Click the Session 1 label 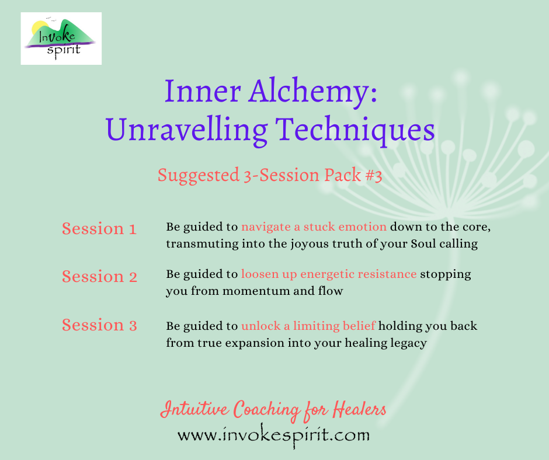(x=99, y=229)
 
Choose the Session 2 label (x=99, y=276)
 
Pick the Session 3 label (x=99, y=325)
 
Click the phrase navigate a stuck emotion (x=314, y=226)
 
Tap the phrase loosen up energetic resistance (x=329, y=274)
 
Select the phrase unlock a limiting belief (x=308, y=326)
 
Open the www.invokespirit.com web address (x=273, y=435)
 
